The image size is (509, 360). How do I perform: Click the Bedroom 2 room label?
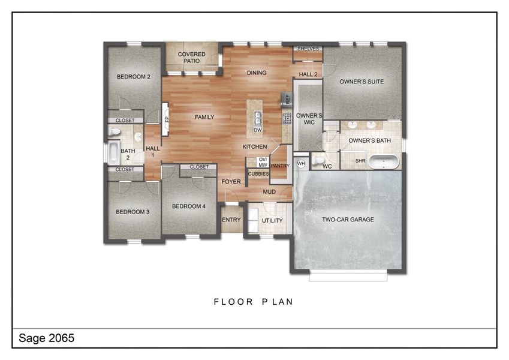pyautogui.click(x=133, y=77)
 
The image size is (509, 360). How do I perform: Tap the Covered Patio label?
pyautogui.click(x=191, y=58)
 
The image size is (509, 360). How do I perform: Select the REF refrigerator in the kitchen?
pyautogui.click(x=287, y=99)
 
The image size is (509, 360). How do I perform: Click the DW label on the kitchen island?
pyautogui.click(x=257, y=130)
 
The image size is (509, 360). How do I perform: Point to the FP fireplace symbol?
pyautogui.click(x=166, y=119)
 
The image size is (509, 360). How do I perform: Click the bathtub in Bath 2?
pyautogui.click(x=113, y=152)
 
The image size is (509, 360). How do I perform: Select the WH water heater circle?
pyautogui.click(x=302, y=163)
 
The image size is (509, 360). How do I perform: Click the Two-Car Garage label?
pyautogui.click(x=348, y=220)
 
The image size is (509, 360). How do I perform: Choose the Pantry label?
pyautogui.click(x=280, y=166)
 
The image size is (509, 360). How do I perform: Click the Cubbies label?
pyautogui.click(x=258, y=174)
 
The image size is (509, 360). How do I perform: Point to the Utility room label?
pyautogui.click(x=272, y=220)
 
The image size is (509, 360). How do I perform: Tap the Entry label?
pyautogui.click(x=231, y=220)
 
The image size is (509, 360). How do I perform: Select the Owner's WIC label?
pyautogui.click(x=309, y=119)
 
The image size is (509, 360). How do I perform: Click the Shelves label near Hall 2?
pyautogui.click(x=308, y=49)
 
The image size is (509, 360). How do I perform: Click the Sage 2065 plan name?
pyautogui.click(x=46, y=338)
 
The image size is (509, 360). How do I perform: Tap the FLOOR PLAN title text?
pyautogui.click(x=254, y=302)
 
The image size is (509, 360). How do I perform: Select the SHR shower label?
pyautogui.click(x=360, y=161)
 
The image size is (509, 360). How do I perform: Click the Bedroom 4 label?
pyautogui.click(x=189, y=206)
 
